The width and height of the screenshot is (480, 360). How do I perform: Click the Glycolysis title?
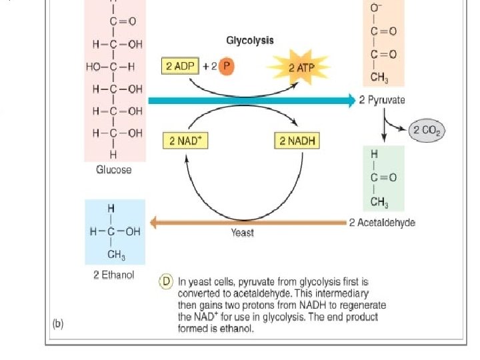pos(250,41)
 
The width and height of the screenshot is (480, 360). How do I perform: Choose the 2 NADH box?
pos(296,141)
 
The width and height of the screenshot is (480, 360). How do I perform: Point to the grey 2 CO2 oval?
pos(426,131)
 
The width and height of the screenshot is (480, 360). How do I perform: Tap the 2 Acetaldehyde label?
pos(382,223)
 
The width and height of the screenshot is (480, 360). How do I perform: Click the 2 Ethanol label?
pos(113,275)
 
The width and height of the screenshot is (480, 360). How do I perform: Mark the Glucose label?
pos(114,170)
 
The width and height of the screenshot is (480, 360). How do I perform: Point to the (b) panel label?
pos(59,324)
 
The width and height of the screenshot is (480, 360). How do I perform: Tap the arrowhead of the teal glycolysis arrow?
pos(352,101)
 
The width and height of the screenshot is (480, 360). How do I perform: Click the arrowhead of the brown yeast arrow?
pos(153,223)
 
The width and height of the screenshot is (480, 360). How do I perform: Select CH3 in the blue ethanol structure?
pos(117,255)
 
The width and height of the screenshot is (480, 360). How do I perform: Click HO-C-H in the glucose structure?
pos(110,67)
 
